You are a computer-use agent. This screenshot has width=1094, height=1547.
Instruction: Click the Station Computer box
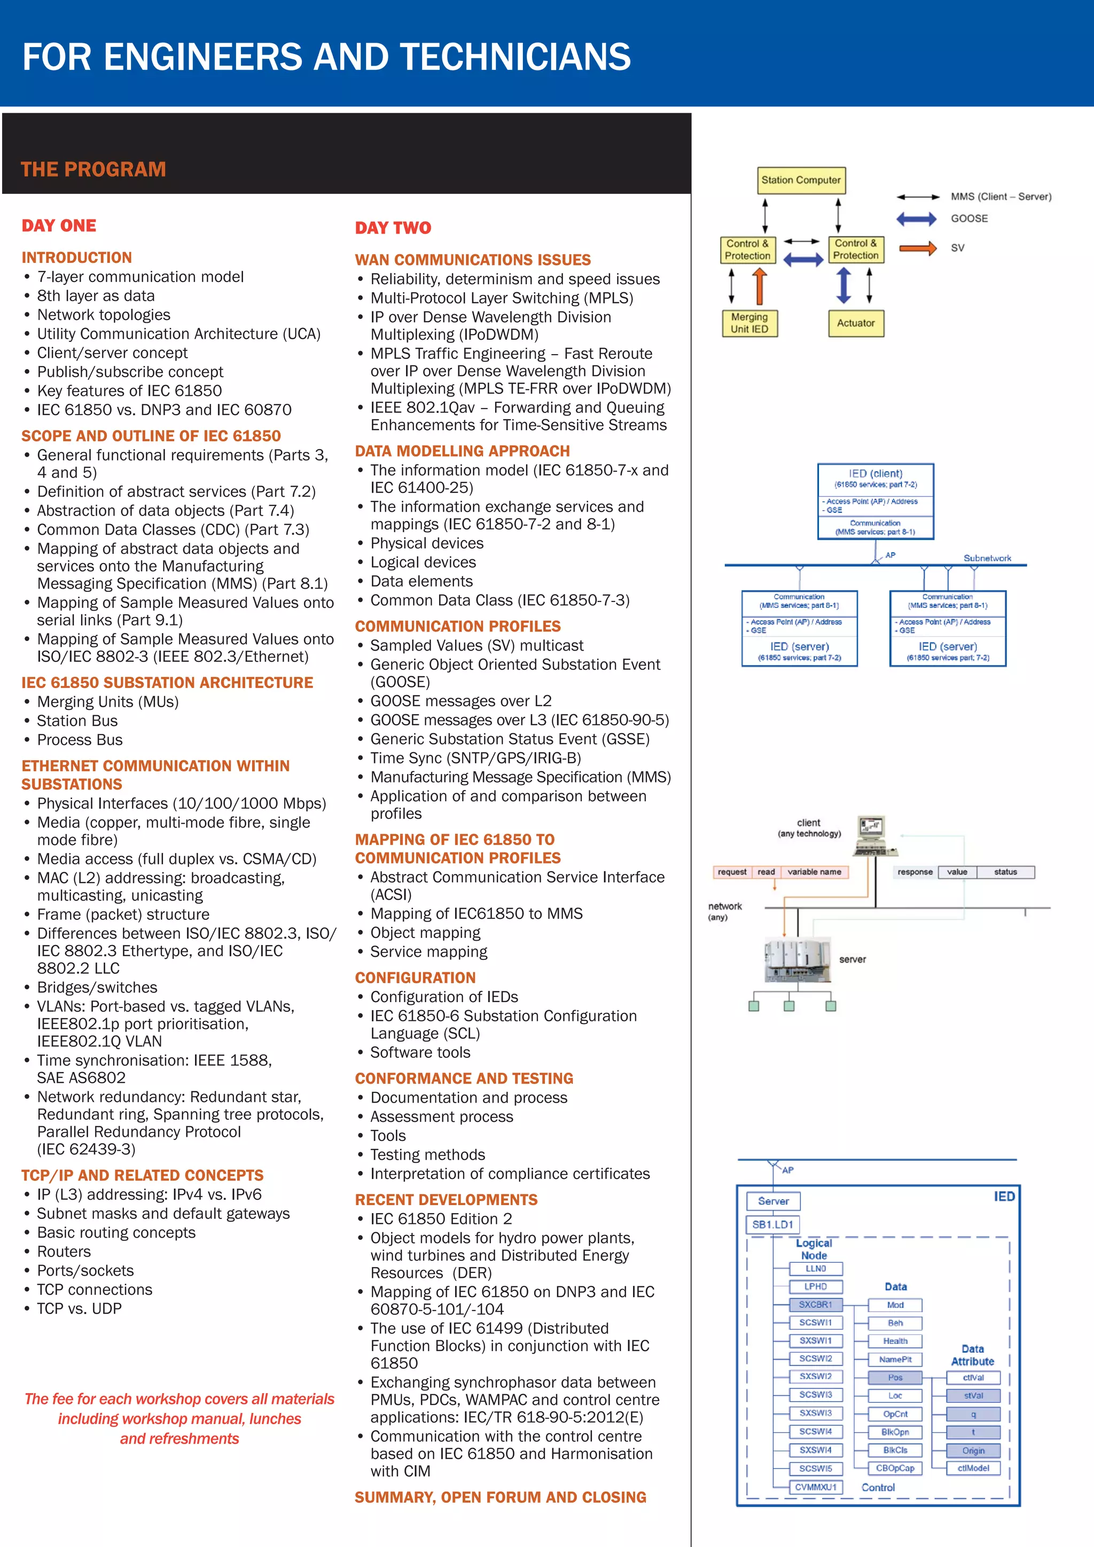coord(800,181)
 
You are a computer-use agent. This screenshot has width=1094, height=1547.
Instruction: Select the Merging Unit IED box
coord(749,323)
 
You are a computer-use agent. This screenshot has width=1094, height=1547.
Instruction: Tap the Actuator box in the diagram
coord(856,323)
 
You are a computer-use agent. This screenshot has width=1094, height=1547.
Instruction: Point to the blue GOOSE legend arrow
coord(916,219)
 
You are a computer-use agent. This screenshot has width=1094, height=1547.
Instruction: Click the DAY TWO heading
coord(393,228)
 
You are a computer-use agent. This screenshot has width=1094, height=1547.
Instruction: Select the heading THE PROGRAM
coord(93,169)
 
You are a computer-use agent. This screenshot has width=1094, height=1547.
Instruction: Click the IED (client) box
coord(875,501)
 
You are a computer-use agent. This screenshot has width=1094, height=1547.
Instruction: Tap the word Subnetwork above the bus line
coord(986,558)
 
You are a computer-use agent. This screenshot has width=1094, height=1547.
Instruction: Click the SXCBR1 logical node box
coord(815,1304)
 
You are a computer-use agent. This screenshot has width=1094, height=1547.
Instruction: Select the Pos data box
coord(895,1377)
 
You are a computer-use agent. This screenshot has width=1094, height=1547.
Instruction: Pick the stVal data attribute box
coord(973,1395)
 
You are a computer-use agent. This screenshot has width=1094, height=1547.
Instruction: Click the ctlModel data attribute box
coord(973,1468)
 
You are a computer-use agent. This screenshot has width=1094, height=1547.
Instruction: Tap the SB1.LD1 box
coord(772,1224)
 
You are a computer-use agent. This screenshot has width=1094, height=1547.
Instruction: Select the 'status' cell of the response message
coord(1005,872)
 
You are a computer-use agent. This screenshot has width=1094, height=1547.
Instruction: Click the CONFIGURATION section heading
coord(415,978)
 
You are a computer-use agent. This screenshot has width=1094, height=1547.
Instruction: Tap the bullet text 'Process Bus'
coord(80,740)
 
